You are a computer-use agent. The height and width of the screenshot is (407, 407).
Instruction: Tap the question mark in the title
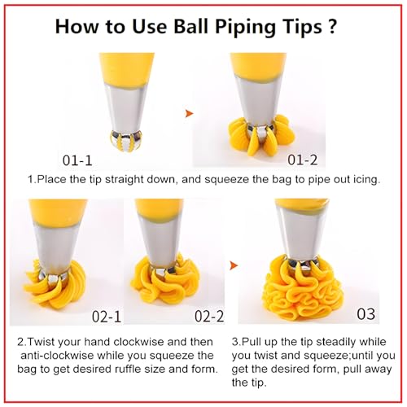point(332,25)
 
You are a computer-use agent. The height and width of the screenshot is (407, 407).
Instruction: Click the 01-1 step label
point(77,160)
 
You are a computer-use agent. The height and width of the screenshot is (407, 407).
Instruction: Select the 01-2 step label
point(302,160)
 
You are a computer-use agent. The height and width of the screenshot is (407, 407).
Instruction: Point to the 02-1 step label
point(107,317)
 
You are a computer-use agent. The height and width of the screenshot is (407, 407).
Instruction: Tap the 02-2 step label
point(209,317)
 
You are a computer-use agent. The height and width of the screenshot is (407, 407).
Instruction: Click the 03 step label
point(366,313)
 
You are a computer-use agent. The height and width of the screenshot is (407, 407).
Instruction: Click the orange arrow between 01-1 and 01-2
point(189,113)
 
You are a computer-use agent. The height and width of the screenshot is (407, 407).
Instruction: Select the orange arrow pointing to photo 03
point(234,265)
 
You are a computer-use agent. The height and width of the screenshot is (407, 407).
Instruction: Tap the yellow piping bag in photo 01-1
point(126,71)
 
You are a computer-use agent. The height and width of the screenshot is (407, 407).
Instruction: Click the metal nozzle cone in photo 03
point(302,234)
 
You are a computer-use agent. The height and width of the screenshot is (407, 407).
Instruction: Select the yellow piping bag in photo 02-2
point(160,211)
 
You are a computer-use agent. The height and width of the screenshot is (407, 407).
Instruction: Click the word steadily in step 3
point(335,342)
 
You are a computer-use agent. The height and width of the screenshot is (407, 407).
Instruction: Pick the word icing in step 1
point(365,180)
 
